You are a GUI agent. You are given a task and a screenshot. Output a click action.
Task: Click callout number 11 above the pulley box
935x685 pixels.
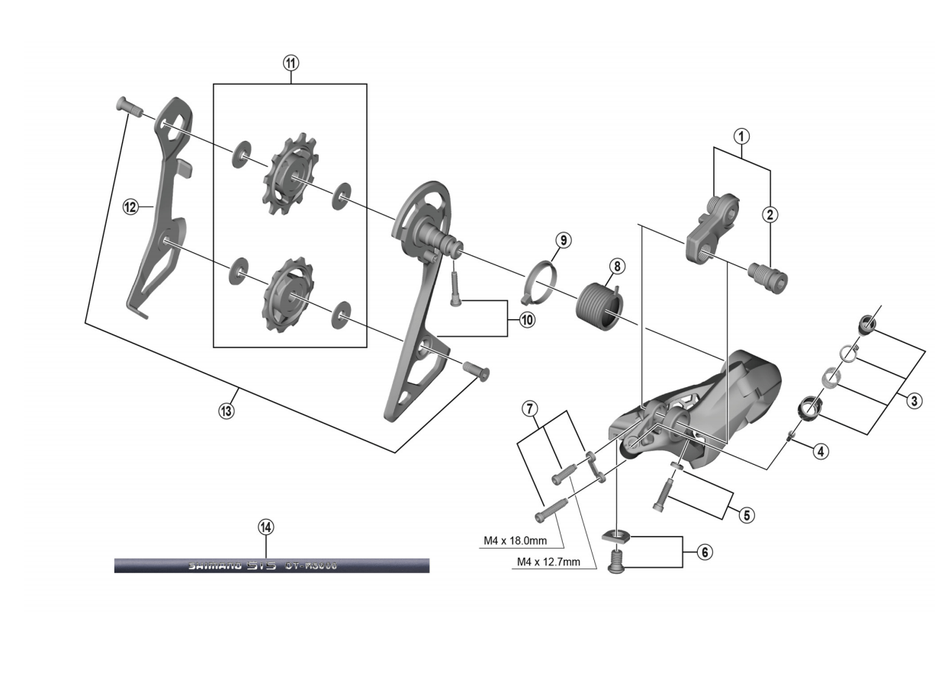[290, 63]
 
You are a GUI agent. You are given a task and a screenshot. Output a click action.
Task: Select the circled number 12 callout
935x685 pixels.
[130, 206]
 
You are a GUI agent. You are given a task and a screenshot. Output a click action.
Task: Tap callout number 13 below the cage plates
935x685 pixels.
[226, 410]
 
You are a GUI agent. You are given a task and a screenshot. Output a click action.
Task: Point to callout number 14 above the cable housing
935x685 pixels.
[265, 527]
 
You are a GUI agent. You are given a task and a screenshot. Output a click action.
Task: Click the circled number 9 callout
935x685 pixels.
[561, 240]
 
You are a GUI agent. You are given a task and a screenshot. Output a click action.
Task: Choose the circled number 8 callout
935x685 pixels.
[616, 266]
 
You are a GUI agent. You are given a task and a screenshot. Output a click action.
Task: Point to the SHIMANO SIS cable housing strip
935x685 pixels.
[272, 565]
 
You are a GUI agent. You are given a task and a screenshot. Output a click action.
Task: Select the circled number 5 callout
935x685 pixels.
[746, 515]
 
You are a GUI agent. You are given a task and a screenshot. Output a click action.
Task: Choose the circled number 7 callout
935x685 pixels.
[529, 409]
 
